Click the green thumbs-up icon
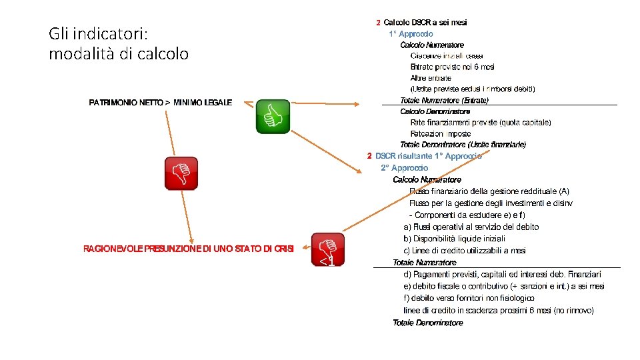point(273,117)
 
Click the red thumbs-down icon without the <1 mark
point(181,173)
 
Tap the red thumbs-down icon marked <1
point(328,249)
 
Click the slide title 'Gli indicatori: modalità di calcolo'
point(119,43)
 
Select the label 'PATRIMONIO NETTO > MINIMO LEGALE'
point(161,103)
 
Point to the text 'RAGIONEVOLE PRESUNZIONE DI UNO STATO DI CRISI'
point(188,249)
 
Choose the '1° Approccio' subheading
point(411,33)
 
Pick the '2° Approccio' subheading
point(405,168)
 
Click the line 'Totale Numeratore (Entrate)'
point(444,101)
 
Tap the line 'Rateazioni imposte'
point(441,134)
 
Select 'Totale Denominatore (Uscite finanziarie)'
point(463,145)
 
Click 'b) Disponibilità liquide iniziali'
point(454,239)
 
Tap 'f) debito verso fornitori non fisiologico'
point(469,298)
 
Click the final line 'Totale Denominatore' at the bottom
point(427,323)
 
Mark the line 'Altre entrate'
point(431,78)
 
